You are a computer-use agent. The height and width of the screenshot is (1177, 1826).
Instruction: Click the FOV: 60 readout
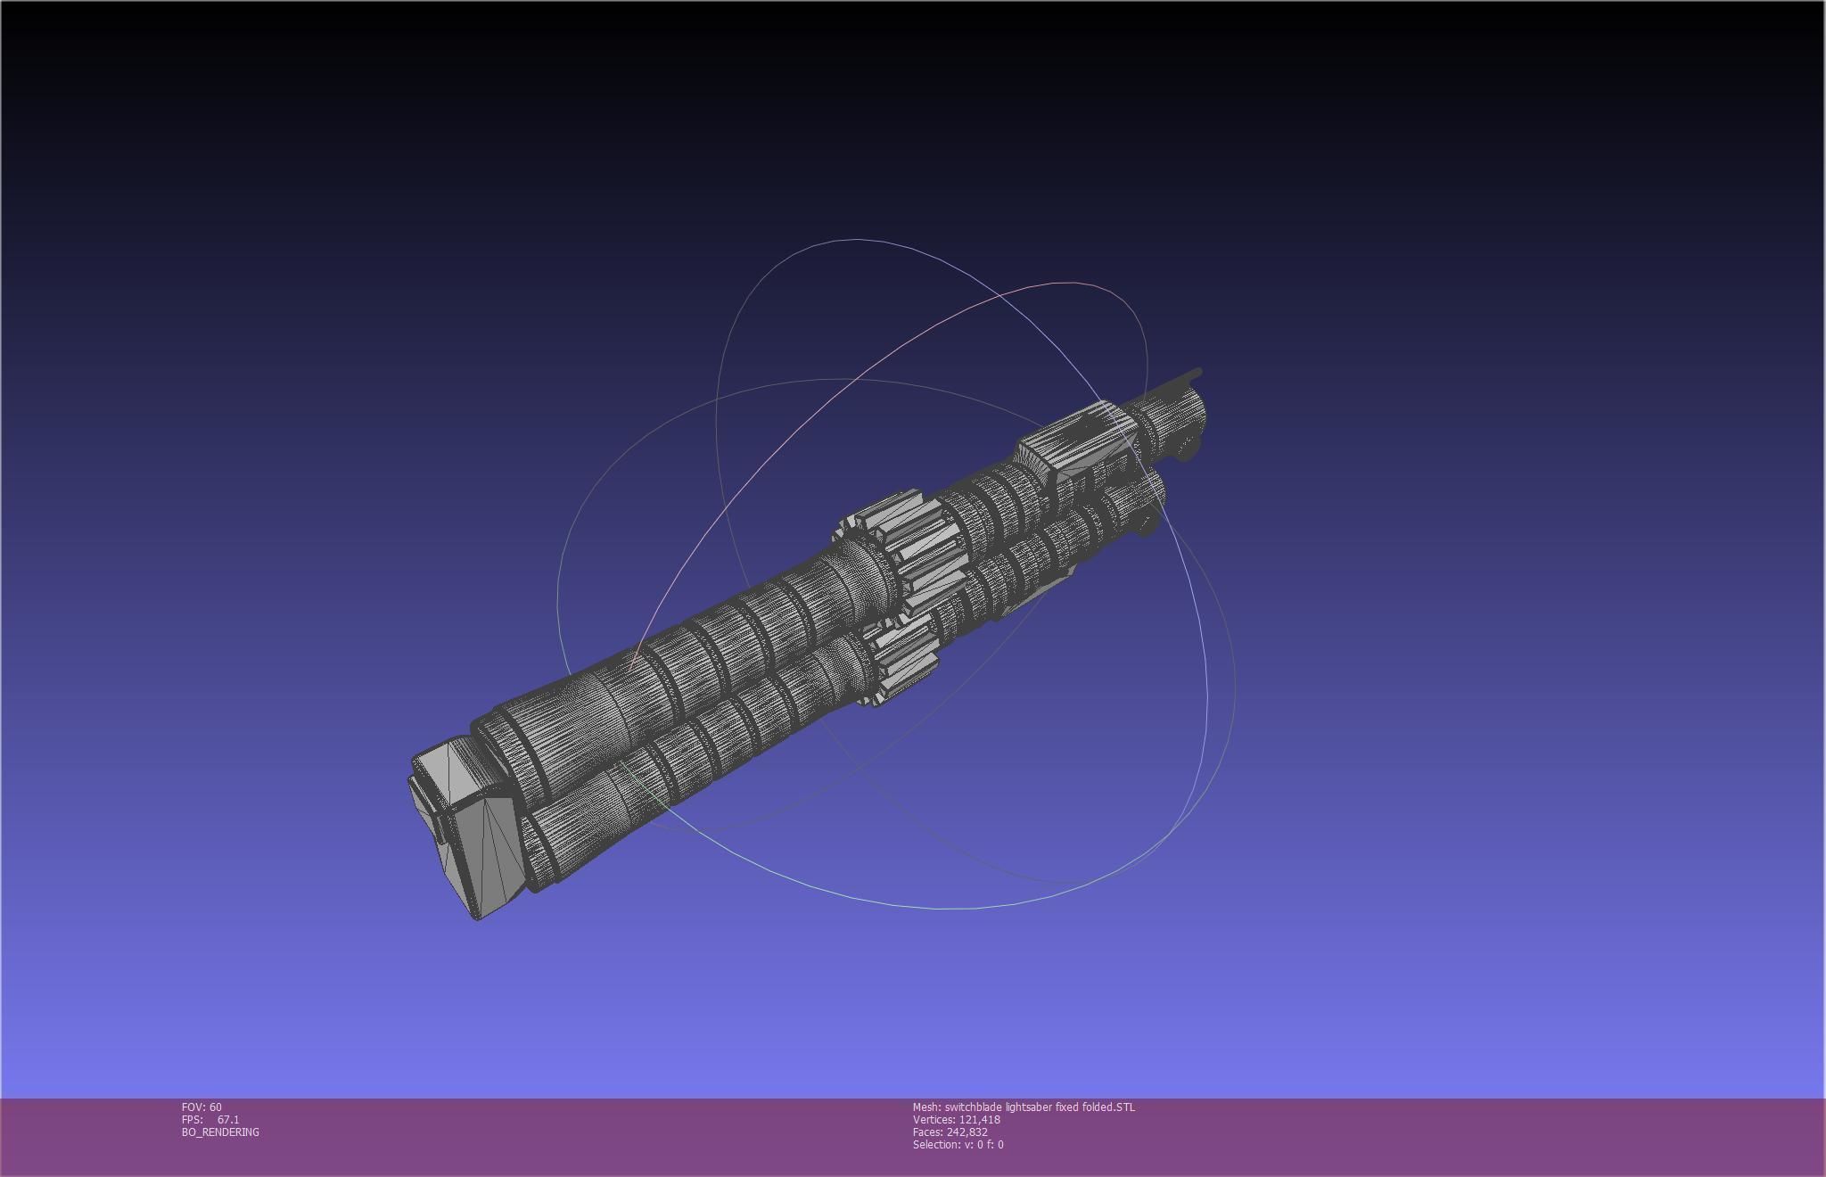202,1107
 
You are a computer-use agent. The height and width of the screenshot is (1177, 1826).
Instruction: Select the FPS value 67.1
228,1119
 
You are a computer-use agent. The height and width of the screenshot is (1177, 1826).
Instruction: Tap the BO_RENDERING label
220,1132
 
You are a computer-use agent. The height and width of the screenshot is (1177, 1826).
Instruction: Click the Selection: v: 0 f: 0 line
958,1144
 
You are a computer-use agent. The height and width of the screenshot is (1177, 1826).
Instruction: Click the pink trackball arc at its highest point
1070,283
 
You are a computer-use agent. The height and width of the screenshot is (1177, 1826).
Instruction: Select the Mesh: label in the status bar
926,1107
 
